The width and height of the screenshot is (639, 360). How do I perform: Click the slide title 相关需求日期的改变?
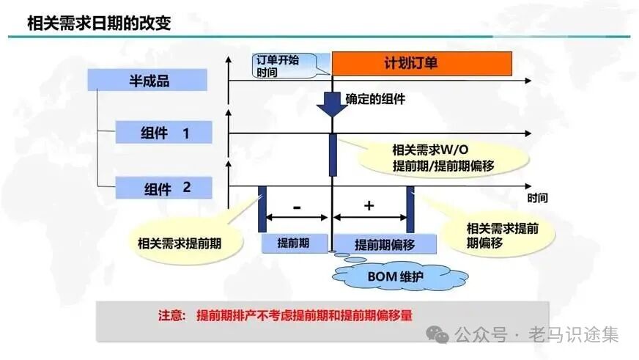98,22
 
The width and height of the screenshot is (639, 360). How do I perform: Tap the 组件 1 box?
164,133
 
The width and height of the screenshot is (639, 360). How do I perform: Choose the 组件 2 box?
164,188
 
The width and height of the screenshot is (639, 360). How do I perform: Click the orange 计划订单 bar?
421,63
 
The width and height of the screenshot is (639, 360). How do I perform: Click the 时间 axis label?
536,198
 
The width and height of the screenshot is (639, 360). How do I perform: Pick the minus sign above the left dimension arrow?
297,207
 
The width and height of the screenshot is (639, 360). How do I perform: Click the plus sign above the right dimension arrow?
369,206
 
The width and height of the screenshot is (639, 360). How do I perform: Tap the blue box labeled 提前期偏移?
384,244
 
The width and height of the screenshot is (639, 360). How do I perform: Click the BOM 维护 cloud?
399,276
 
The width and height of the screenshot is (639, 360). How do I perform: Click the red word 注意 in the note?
173,316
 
